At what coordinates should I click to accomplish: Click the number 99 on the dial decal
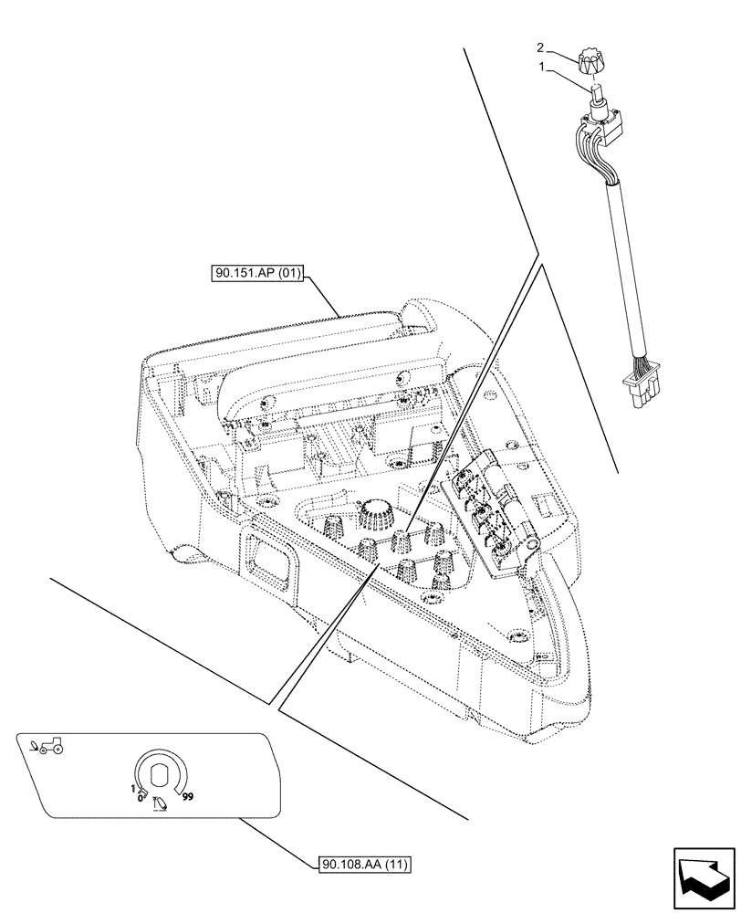point(188,796)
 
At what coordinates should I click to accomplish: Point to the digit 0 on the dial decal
point(140,797)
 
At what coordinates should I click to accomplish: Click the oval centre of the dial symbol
point(161,775)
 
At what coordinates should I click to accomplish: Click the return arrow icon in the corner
point(703,878)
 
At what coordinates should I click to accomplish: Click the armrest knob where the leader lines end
point(402,540)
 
